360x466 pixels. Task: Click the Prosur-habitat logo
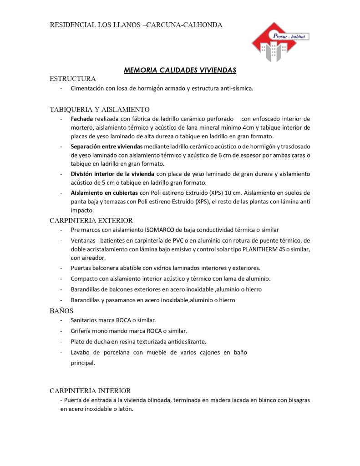pos(279,42)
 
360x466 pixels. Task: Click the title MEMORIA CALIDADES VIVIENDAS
pos(180,70)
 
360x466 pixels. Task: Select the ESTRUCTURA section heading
pos(73,79)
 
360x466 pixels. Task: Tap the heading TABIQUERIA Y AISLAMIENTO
pos(100,109)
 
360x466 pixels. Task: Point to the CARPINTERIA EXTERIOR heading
pos(91,220)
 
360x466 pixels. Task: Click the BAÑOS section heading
pos(61,311)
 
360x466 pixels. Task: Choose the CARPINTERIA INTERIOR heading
pos(90,390)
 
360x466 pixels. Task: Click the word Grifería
pos(81,331)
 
